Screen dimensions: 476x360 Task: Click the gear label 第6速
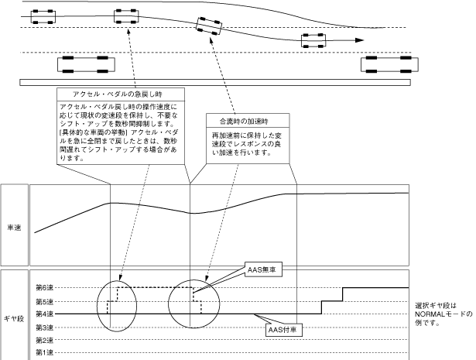pyautogui.click(x=44, y=287)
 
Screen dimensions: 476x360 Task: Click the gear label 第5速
pyautogui.click(x=44, y=302)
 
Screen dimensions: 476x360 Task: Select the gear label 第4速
pyautogui.click(x=44, y=314)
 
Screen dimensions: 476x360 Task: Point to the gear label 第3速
pyautogui.click(x=44, y=327)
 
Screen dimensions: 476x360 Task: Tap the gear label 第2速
pyautogui.click(x=44, y=341)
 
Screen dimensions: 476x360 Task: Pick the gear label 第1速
pyautogui.click(x=44, y=353)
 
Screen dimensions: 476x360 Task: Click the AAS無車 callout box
pyautogui.click(x=263, y=269)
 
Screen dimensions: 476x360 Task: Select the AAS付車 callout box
pyautogui.click(x=284, y=330)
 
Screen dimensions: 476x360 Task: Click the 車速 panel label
pyautogui.click(x=14, y=228)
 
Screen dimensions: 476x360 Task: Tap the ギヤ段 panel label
pyautogui.click(x=14, y=319)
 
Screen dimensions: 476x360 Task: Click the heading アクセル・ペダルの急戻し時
pyautogui.click(x=118, y=94)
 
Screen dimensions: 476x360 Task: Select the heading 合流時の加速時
pyautogui.click(x=244, y=121)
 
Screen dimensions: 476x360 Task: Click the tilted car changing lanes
pyautogui.click(x=209, y=26)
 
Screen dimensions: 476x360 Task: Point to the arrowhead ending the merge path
pyautogui.click(x=359, y=40)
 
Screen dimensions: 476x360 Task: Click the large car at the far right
pyautogui.click(x=389, y=64)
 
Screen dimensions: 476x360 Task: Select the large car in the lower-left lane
pyautogui.click(x=86, y=64)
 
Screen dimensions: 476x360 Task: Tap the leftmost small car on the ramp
pyautogui.click(x=43, y=17)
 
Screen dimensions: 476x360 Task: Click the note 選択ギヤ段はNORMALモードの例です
pyautogui.click(x=443, y=314)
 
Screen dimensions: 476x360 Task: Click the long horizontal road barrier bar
pyautogui.click(x=215, y=82)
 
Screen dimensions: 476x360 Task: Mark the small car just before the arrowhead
pyautogui.click(x=313, y=41)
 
